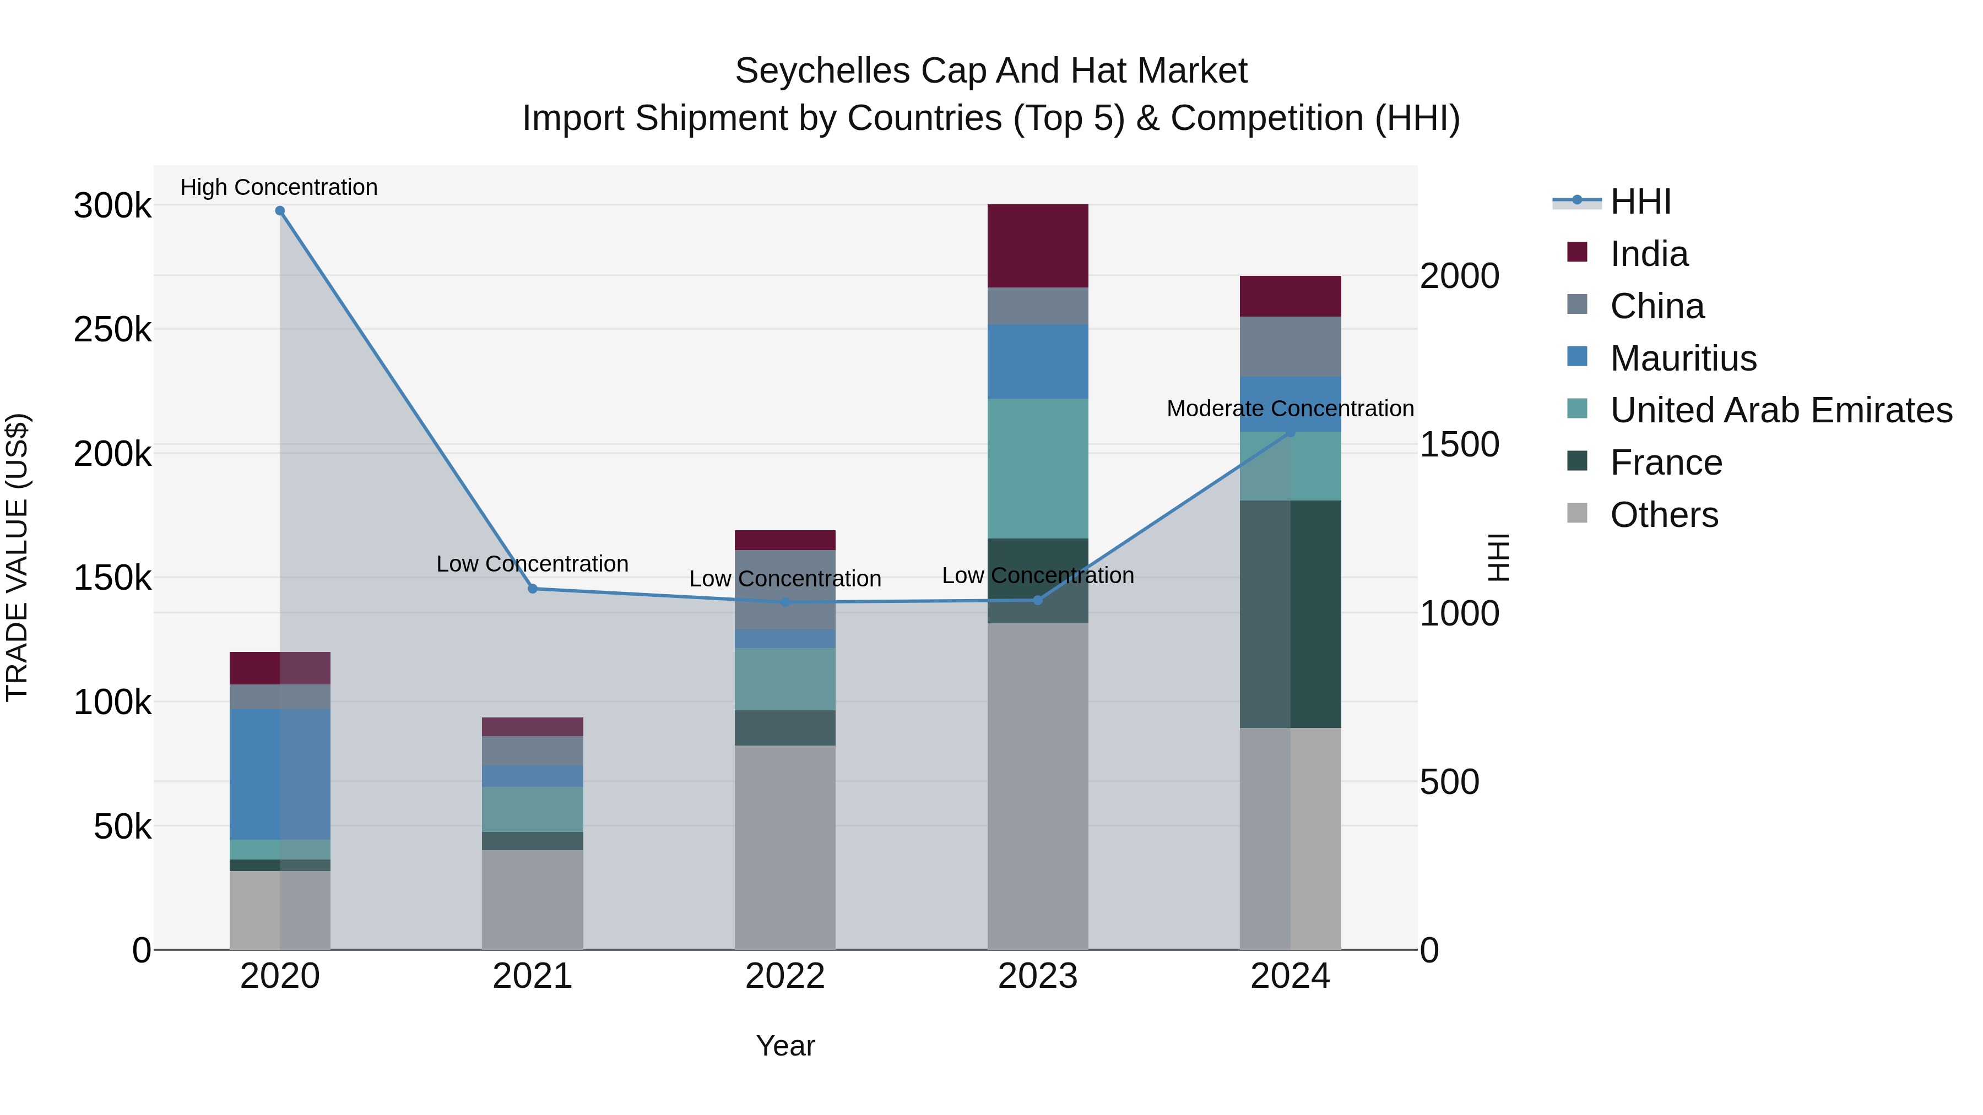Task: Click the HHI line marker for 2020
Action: (x=279, y=211)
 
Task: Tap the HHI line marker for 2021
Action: (x=532, y=589)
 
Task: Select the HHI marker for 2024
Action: (x=1291, y=432)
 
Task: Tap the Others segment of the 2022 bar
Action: (x=784, y=846)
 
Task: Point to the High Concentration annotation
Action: (x=279, y=187)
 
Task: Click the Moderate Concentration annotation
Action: (x=1290, y=409)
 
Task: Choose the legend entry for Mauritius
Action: (x=1683, y=358)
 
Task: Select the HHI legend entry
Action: (x=1640, y=202)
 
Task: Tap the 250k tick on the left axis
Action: (x=112, y=330)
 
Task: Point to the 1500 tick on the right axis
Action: (x=1459, y=445)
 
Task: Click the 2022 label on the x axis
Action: (x=784, y=976)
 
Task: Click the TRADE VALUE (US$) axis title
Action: (x=18, y=557)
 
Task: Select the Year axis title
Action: (x=784, y=1046)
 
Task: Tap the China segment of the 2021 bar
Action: (x=532, y=750)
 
